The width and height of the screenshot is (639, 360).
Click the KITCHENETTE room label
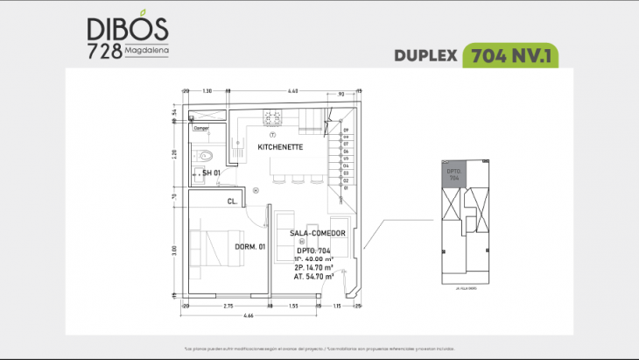pos(280,147)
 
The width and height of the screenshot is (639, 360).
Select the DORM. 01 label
pos(249,247)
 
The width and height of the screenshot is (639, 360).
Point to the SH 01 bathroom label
pos(211,173)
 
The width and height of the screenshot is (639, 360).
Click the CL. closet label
pos(232,201)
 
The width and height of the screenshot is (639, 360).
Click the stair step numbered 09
pos(346,131)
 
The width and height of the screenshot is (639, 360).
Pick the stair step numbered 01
pos(346,186)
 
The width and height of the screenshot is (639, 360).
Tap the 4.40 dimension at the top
pos(293,90)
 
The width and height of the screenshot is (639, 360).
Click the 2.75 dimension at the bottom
pos(227,305)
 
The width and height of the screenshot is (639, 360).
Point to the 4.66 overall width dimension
pos(249,314)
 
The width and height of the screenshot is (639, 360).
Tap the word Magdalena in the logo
pos(147,49)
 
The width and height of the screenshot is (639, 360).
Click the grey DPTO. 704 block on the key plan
pos(453,173)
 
